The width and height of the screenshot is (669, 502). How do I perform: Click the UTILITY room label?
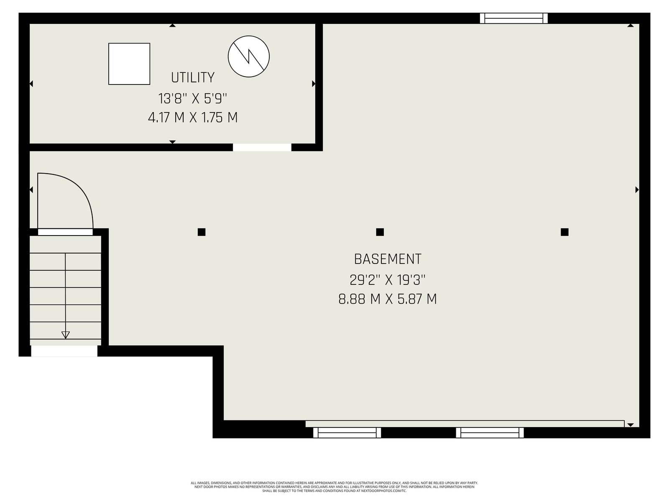coord(193,77)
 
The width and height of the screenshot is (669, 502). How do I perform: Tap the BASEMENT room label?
coord(388,259)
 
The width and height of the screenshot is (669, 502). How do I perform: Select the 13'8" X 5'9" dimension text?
coord(193,99)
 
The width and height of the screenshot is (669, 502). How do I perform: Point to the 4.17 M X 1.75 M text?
coord(193,118)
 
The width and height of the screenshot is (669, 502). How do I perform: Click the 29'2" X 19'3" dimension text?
coord(387,280)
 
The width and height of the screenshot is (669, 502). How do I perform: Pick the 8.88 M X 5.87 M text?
coord(388,299)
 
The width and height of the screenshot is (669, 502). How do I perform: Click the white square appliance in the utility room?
coord(129,64)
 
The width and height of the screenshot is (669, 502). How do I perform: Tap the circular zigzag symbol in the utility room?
coord(249,56)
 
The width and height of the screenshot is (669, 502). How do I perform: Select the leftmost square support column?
coord(202,232)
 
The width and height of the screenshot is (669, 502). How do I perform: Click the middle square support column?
coord(380,232)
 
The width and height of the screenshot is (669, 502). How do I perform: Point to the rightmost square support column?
coord(564,232)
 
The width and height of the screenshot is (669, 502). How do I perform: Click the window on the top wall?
coord(514,18)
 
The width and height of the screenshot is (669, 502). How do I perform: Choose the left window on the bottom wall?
coord(347,433)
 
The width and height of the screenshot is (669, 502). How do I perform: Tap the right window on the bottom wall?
coord(490,433)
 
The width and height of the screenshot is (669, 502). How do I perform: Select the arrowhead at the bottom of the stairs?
coord(66,335)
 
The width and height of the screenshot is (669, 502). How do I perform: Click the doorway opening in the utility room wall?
coord(262,147)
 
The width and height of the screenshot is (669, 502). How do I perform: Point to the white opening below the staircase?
coord(64,351)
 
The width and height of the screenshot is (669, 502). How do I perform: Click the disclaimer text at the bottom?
coord(334,487)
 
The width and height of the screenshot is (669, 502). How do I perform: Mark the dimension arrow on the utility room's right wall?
coord(314,84)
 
